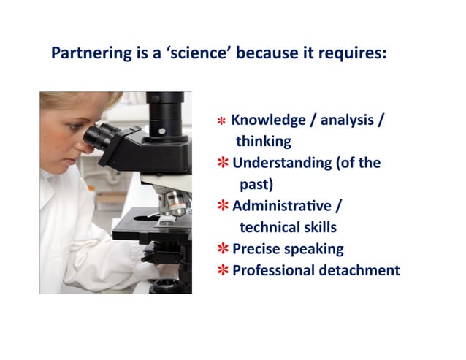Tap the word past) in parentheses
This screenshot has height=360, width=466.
[256, 184]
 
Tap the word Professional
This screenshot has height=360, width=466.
[273, 270]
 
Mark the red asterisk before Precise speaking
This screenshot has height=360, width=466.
[223, 249]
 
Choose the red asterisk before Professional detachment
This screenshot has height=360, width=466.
[223, 271]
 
